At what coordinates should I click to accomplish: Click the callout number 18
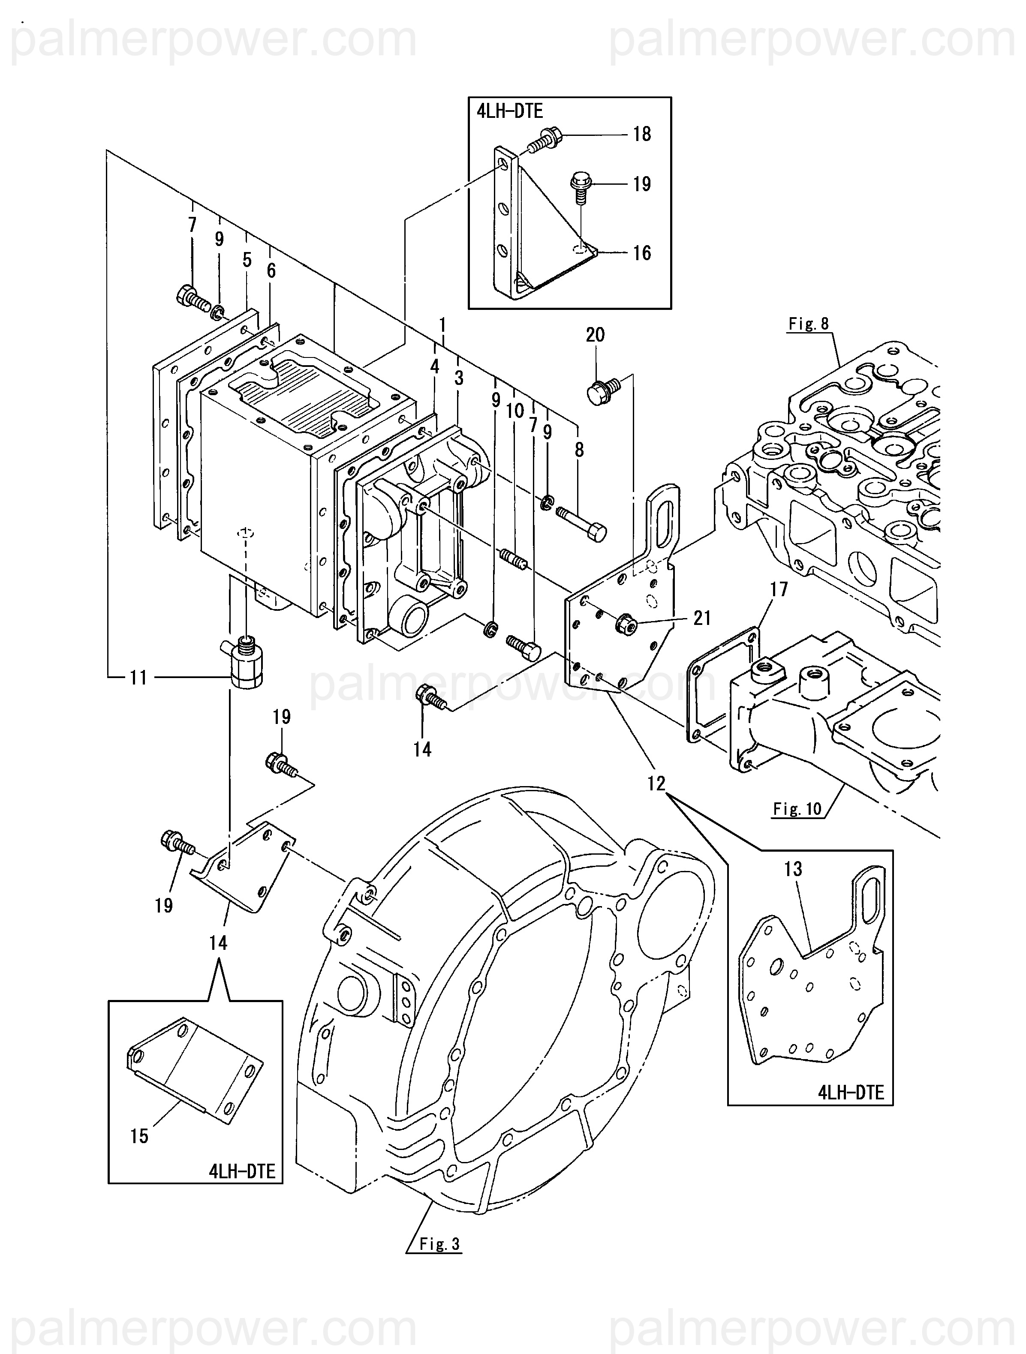[x=641, y=134]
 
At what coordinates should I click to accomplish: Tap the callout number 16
[x=641, y=253]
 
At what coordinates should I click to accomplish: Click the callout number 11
[x=138, y=678]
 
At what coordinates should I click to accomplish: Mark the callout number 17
[x=779, y=589]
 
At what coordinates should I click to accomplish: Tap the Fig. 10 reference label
[x=797, y=809]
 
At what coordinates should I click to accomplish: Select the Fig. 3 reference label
[x=439, y=1244]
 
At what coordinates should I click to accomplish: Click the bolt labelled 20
[x=603, y=391]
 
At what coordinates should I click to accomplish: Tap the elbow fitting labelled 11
[x=246, y=661]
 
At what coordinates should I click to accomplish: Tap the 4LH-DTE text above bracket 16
[x=510, y=111]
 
